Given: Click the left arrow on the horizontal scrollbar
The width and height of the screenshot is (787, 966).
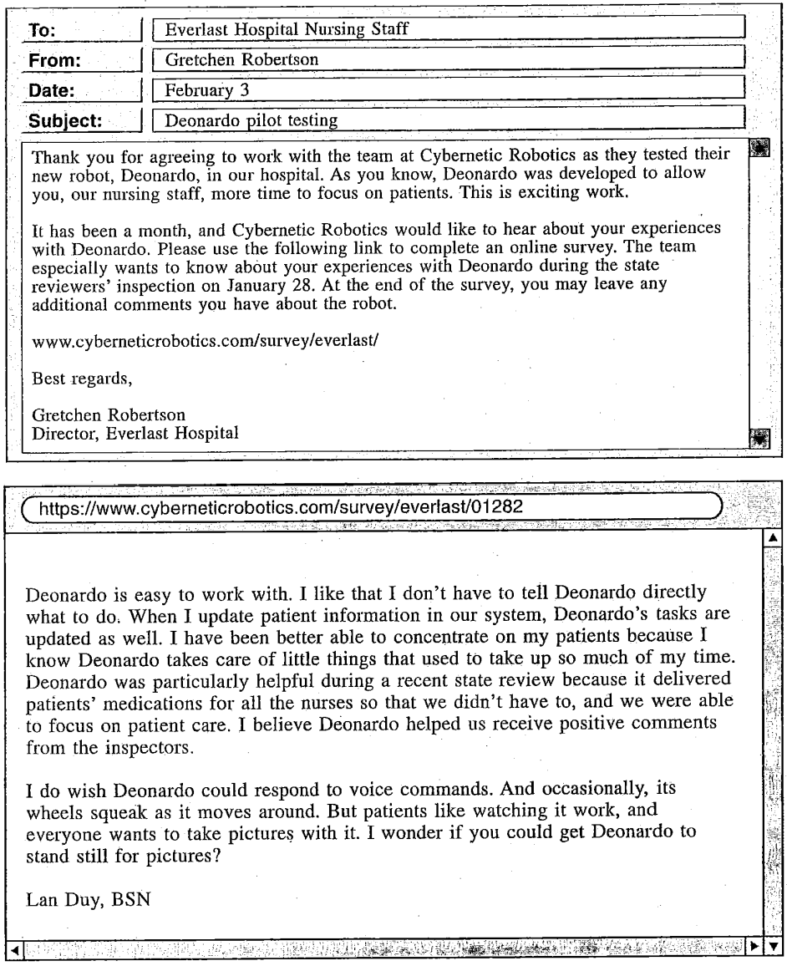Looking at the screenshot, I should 10,948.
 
